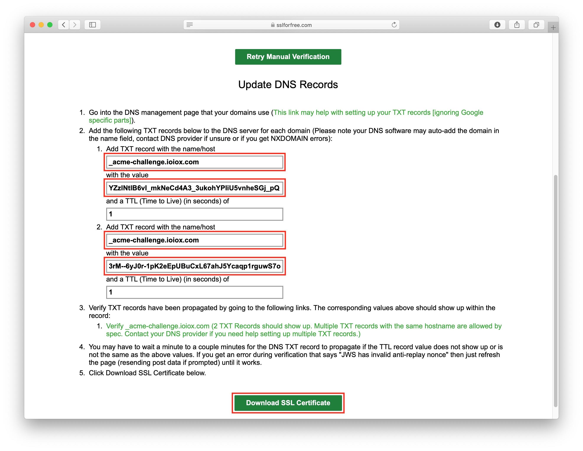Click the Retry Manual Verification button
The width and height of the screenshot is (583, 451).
[288, 57]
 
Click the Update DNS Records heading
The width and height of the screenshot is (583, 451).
[288, 84]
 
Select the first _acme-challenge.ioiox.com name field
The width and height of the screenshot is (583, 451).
[194, 162]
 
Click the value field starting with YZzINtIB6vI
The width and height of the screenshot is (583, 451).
[194, 188]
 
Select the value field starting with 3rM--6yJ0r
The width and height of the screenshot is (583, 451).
[194, 266]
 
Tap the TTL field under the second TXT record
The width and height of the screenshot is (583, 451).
[194, 292]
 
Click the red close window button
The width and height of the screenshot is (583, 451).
[33, 25]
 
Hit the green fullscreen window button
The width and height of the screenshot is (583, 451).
[50, 25]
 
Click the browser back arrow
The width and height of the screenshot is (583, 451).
[64, 25]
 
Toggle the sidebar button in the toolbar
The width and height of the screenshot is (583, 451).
[92, 25]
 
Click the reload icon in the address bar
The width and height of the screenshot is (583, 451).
[394, 25]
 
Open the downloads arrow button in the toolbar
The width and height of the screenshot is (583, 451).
[497, 25]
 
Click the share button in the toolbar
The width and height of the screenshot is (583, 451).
[517, 25]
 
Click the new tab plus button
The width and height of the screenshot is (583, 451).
[553, 28]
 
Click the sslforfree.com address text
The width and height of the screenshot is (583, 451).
[294, 25]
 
